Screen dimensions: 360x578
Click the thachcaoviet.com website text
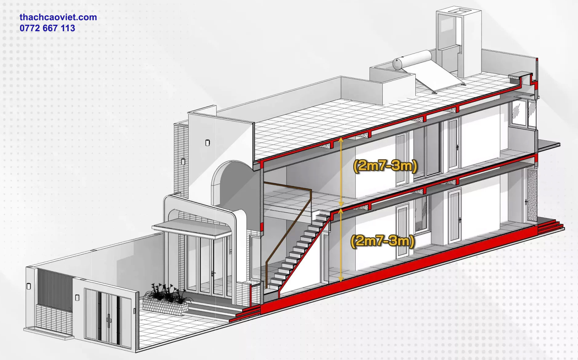pos(58,17)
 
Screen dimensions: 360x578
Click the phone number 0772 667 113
pos(47,28)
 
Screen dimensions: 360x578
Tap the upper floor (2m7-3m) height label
pos(385,166)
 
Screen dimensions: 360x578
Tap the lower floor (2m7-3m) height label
pos(382,241)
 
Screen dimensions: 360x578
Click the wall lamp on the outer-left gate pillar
pos(29,286)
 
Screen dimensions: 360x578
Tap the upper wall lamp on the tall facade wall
pos(208,143)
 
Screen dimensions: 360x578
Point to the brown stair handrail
pos(288,227)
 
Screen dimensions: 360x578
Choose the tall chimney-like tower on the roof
pos(458,43)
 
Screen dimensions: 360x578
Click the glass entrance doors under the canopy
pos(205,266)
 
